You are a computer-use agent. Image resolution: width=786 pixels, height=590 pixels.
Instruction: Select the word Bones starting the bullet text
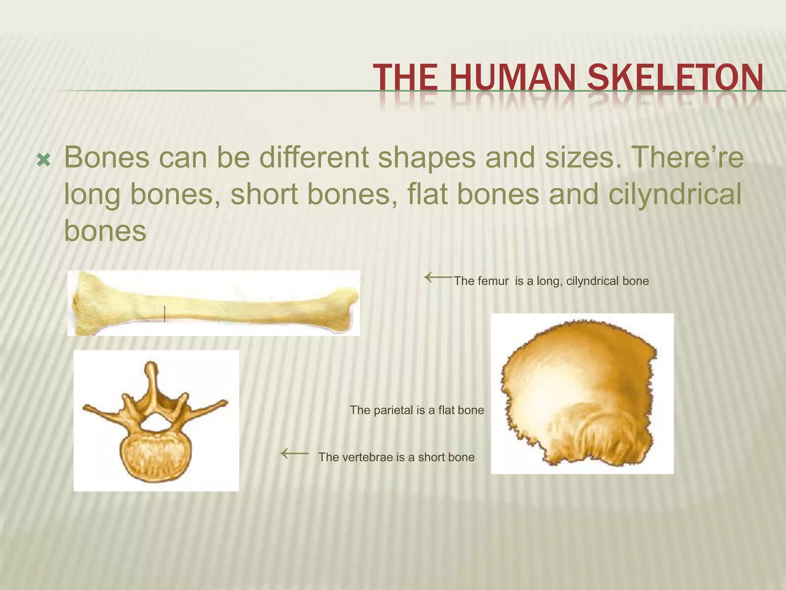pos(107,157)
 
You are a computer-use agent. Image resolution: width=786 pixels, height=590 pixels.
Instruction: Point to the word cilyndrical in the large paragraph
pos(675,194)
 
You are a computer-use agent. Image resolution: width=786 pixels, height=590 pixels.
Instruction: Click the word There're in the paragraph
pos(687,157)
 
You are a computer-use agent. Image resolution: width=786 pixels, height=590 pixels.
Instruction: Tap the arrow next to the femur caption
pos(438,277)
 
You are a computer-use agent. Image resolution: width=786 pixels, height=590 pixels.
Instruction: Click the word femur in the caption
pos(496,281)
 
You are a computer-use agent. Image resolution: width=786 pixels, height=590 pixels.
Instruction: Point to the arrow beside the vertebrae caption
pos(294,454)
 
